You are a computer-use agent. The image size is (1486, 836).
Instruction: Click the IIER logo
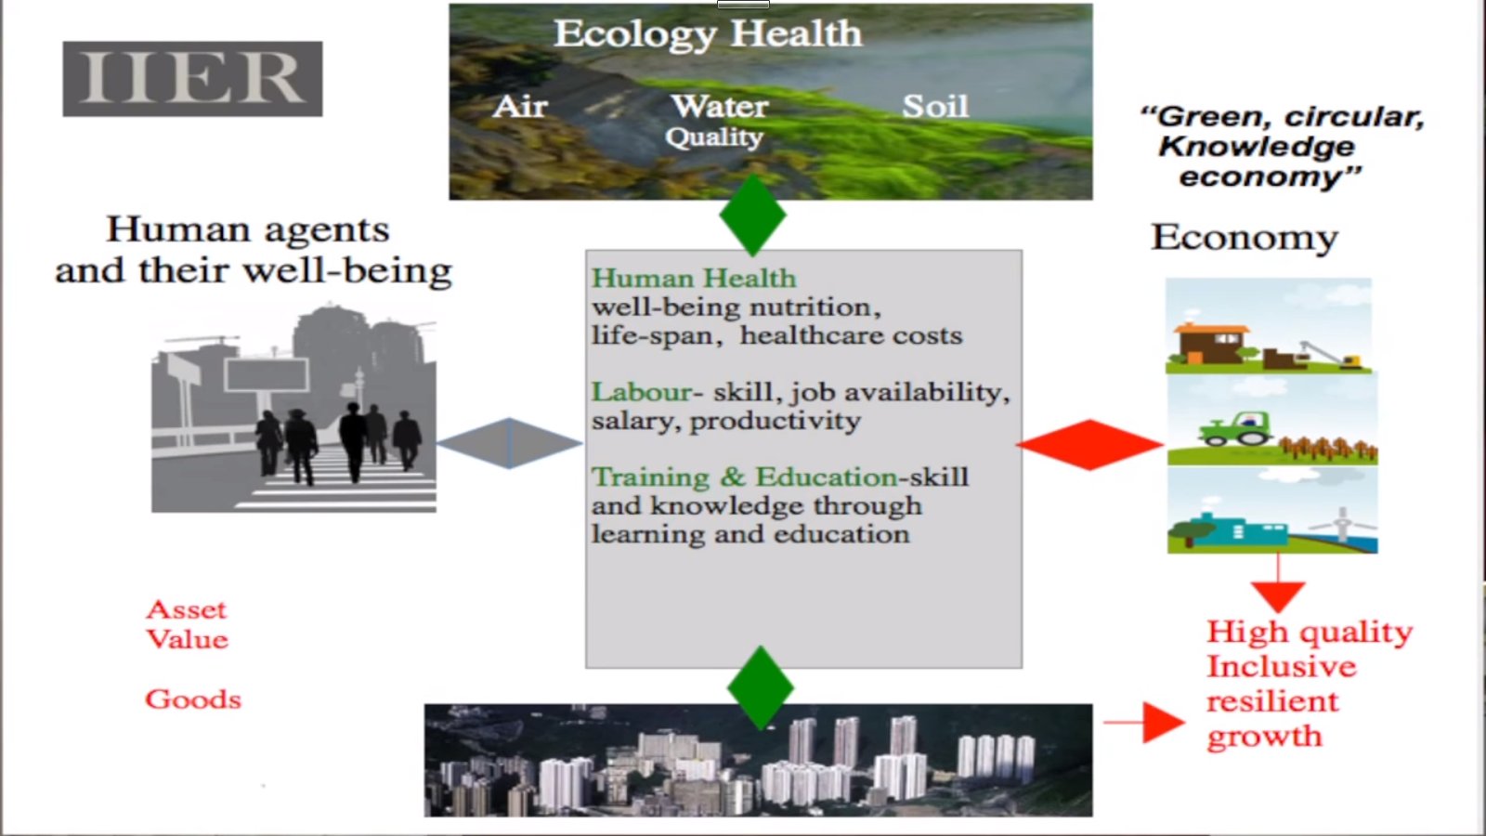coord(192,79)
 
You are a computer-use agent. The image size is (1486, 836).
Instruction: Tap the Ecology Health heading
coord(708,33)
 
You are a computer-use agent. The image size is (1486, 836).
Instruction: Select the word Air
coord(519,106)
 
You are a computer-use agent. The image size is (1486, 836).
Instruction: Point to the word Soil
coord(935,106)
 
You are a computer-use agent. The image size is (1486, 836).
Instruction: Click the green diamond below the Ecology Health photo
coord(752,216)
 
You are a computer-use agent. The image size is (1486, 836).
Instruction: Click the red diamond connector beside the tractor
coord(1089,445)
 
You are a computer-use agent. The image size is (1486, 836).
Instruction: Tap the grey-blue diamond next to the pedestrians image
coord(510,443)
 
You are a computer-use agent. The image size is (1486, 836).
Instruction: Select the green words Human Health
coord(693,279)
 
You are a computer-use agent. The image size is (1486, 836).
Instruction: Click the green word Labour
coord(641,392)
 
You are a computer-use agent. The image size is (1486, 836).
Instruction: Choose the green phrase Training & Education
coord(744,477)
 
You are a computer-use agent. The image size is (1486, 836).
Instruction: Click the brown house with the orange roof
coord(1211,343)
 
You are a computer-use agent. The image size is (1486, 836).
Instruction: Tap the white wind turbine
coord(1343,524)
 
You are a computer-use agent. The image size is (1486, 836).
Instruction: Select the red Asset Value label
coord(187,624)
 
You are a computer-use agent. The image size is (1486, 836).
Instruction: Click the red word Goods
coord(193,699)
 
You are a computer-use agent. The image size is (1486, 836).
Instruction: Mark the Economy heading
coord(1244,237)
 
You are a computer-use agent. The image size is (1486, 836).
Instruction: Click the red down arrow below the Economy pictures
coord(1278,583)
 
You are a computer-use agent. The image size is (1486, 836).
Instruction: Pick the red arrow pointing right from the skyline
coord(1143,722)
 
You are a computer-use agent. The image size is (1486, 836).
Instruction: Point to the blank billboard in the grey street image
coord(267,376)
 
